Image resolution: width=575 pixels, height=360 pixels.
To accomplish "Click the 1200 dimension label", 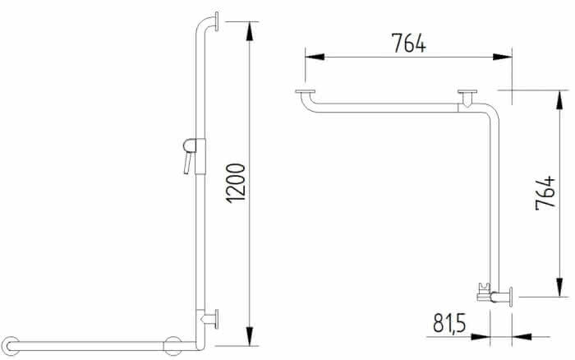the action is pos(236,183).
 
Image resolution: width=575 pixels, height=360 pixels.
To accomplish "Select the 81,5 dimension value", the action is pos(449,323).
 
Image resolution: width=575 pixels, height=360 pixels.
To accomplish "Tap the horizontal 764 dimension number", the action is pos(408,43).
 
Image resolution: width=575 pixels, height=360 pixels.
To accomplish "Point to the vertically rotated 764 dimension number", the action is pos(545,193).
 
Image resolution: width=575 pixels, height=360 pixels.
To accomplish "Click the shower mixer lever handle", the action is pos(188,163).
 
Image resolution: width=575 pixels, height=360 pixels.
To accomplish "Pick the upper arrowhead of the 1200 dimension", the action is pos(250,31).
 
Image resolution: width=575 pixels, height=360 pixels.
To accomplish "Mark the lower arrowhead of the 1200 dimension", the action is pos(250,336).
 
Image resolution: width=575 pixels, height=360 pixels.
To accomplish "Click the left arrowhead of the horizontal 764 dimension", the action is pos(315,57).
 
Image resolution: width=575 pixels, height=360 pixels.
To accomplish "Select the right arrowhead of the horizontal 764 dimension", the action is pos(502,57).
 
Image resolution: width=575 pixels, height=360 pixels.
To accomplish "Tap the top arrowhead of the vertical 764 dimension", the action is pos(559,99).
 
